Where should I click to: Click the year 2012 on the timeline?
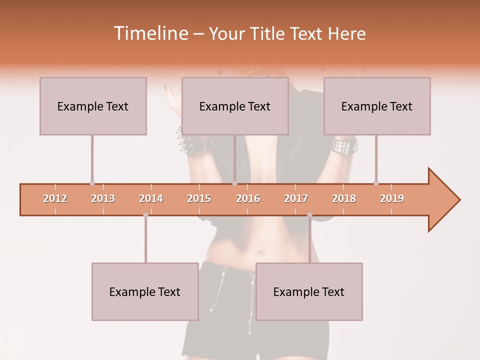tap(55, 198)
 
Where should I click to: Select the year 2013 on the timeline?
tap(103, 198)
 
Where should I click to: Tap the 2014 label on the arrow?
tap(151, 198)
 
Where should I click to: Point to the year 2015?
tap(199, 198)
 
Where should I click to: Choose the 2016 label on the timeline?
tap(248, 198)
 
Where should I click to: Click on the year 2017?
tap(296, 198)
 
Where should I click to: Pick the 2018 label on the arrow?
tap(344, 198)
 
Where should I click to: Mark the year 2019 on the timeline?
tap(392, 198)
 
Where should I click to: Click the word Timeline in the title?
tap(150, 33)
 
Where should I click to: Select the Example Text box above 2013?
tap(93, 106)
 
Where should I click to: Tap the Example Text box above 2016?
tap(235, 106)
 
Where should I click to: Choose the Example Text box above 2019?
tap(377, 106)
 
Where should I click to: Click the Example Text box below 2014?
tap(145, 291)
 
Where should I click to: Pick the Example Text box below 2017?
tap(309, 291)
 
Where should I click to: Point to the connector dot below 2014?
tap(145, 215)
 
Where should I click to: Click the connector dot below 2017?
tap(309, 215)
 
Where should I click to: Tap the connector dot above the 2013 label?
tap(92, 183)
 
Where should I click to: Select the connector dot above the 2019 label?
tap(376, 183)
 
